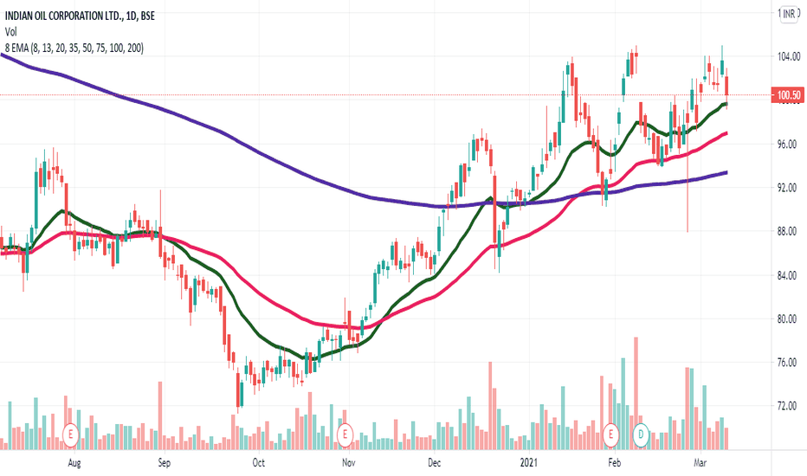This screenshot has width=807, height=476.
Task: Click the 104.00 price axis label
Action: point(787,57)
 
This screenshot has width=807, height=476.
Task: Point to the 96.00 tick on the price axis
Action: point(787,145)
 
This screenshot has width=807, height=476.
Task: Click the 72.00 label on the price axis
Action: point(787,406)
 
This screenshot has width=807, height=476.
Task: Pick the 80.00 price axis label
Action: point(787,319)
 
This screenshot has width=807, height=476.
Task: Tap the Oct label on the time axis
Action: point(257,464)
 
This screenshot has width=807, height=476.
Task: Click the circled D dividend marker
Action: point(641,432)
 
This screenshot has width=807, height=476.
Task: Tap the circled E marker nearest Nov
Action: point(345,432)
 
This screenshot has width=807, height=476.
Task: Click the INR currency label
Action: point(790,14)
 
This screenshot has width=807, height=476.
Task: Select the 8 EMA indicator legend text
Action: point(74,48)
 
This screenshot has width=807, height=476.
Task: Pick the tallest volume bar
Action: point(636,393)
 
